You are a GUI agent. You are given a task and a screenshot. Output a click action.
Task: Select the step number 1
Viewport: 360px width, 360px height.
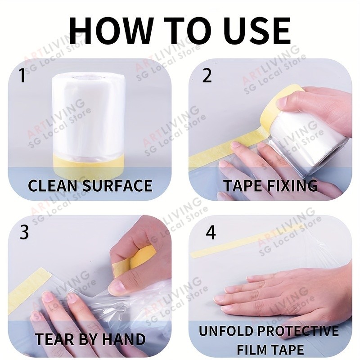(22, 75)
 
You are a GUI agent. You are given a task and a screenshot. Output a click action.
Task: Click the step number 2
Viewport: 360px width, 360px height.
(207, 75)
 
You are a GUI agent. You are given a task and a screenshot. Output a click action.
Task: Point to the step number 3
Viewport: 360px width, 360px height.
(24, 232)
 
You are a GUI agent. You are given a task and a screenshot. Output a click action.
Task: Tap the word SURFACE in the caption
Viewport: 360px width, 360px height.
(117, 185)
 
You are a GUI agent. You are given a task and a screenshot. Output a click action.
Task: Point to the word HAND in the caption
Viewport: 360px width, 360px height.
(124, 339)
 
